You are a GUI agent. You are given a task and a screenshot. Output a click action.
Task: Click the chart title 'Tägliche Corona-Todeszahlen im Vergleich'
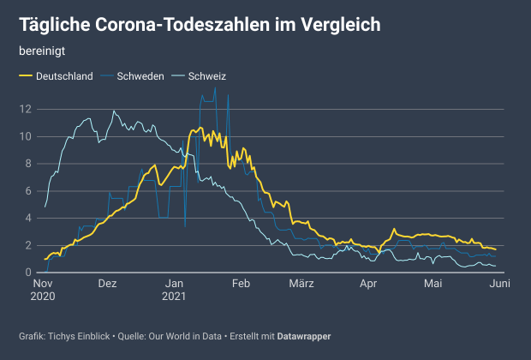point(200,25)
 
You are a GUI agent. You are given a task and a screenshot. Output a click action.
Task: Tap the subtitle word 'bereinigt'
point(42,51)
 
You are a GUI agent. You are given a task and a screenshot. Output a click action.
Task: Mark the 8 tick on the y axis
point(29,164)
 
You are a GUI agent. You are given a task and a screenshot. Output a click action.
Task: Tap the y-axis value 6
point(29,190)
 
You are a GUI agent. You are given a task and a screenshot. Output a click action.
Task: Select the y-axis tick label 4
point(29,218)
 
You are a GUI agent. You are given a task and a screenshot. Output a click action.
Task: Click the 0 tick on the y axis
point(29,273)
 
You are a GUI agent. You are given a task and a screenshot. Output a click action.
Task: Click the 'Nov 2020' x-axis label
point(44,290)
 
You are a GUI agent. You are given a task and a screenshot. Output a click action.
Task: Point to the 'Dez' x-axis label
point(107,284)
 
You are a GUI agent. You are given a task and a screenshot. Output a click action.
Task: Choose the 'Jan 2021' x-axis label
point(174,290)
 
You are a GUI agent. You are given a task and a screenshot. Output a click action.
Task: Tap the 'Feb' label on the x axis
point(241,284)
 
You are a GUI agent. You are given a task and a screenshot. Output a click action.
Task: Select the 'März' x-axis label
point(301,284)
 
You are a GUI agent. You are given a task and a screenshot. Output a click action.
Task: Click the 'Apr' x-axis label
point(368,284)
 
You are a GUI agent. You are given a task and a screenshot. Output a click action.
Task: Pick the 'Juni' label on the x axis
point(500,284)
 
